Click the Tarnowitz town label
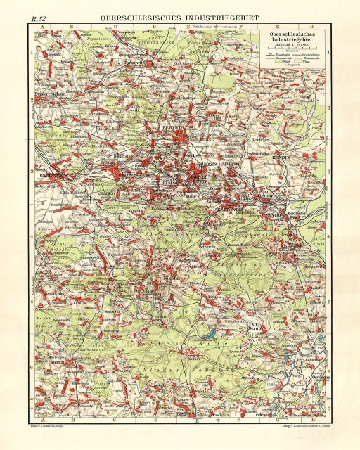click(133, 63)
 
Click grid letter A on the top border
click(43, 26)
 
